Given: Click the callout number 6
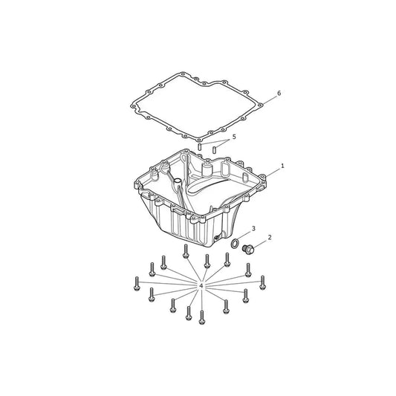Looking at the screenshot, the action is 279,93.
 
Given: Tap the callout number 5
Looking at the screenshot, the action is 234,137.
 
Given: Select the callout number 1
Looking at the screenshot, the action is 282,166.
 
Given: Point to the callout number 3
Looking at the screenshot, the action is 253,228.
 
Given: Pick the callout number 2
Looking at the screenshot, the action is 270,238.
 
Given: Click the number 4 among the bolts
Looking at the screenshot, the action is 201,286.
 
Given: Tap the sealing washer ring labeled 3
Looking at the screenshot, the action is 235,243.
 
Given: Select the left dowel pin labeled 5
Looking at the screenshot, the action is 200,146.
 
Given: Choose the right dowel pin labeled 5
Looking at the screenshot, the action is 215,149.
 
